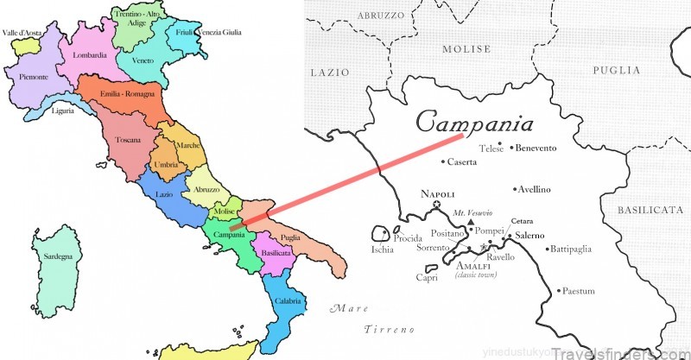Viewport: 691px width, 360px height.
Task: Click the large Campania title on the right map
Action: [x=474, y=121]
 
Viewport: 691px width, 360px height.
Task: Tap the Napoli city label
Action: [x=437, y=194]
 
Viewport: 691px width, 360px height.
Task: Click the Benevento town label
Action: [x=536, y=148]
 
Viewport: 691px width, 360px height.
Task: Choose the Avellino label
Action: [x=536, y=189]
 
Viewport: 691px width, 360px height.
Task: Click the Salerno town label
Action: [x=530, y=236]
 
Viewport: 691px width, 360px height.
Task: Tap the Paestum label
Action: [x=578, y=292]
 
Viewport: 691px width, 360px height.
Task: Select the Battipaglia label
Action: [x=571, y=249]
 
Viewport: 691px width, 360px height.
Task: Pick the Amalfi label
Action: [x=474, y=264]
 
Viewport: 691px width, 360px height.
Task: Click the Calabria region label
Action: [x=289, y=301]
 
